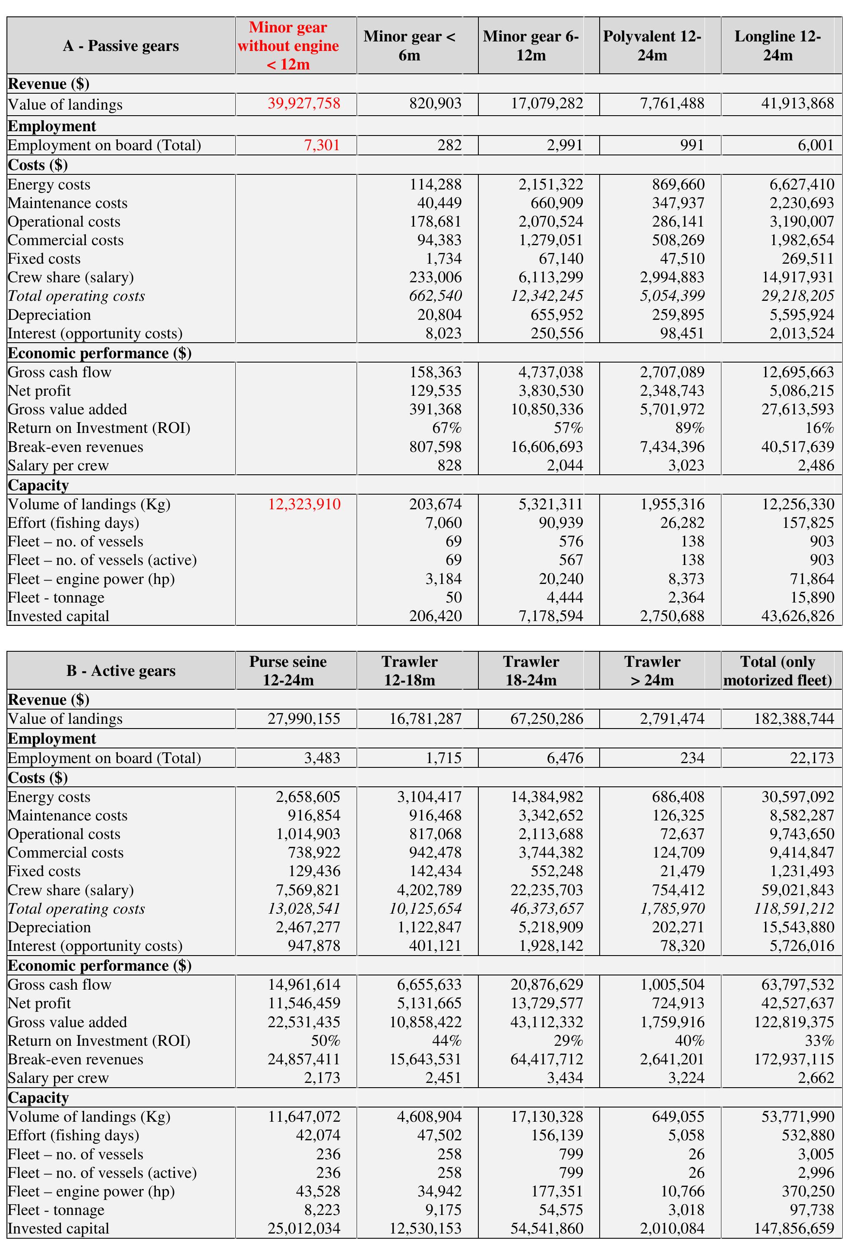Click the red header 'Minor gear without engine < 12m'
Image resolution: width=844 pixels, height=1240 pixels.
pos(288,46)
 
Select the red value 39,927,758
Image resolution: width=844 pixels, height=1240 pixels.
pos(304,104)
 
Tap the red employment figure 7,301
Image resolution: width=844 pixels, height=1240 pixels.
pos(322,145)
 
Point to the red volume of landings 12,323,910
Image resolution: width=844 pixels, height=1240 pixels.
pos(304,504)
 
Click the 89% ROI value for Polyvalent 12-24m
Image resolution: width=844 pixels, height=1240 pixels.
pos(690,428)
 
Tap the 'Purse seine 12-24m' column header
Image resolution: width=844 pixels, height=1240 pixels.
pos(288,671)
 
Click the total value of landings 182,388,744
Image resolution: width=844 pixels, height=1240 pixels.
pos(794,719)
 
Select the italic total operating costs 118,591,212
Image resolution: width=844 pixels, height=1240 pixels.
pos(794,909)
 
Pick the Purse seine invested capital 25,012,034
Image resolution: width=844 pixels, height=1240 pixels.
pos(304,1228)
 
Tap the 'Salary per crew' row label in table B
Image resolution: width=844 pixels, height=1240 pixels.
pos(58,1078)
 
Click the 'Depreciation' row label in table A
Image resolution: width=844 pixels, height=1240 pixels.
pos(49,315)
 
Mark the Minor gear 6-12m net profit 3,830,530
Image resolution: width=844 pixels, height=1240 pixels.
pos(551,391)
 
